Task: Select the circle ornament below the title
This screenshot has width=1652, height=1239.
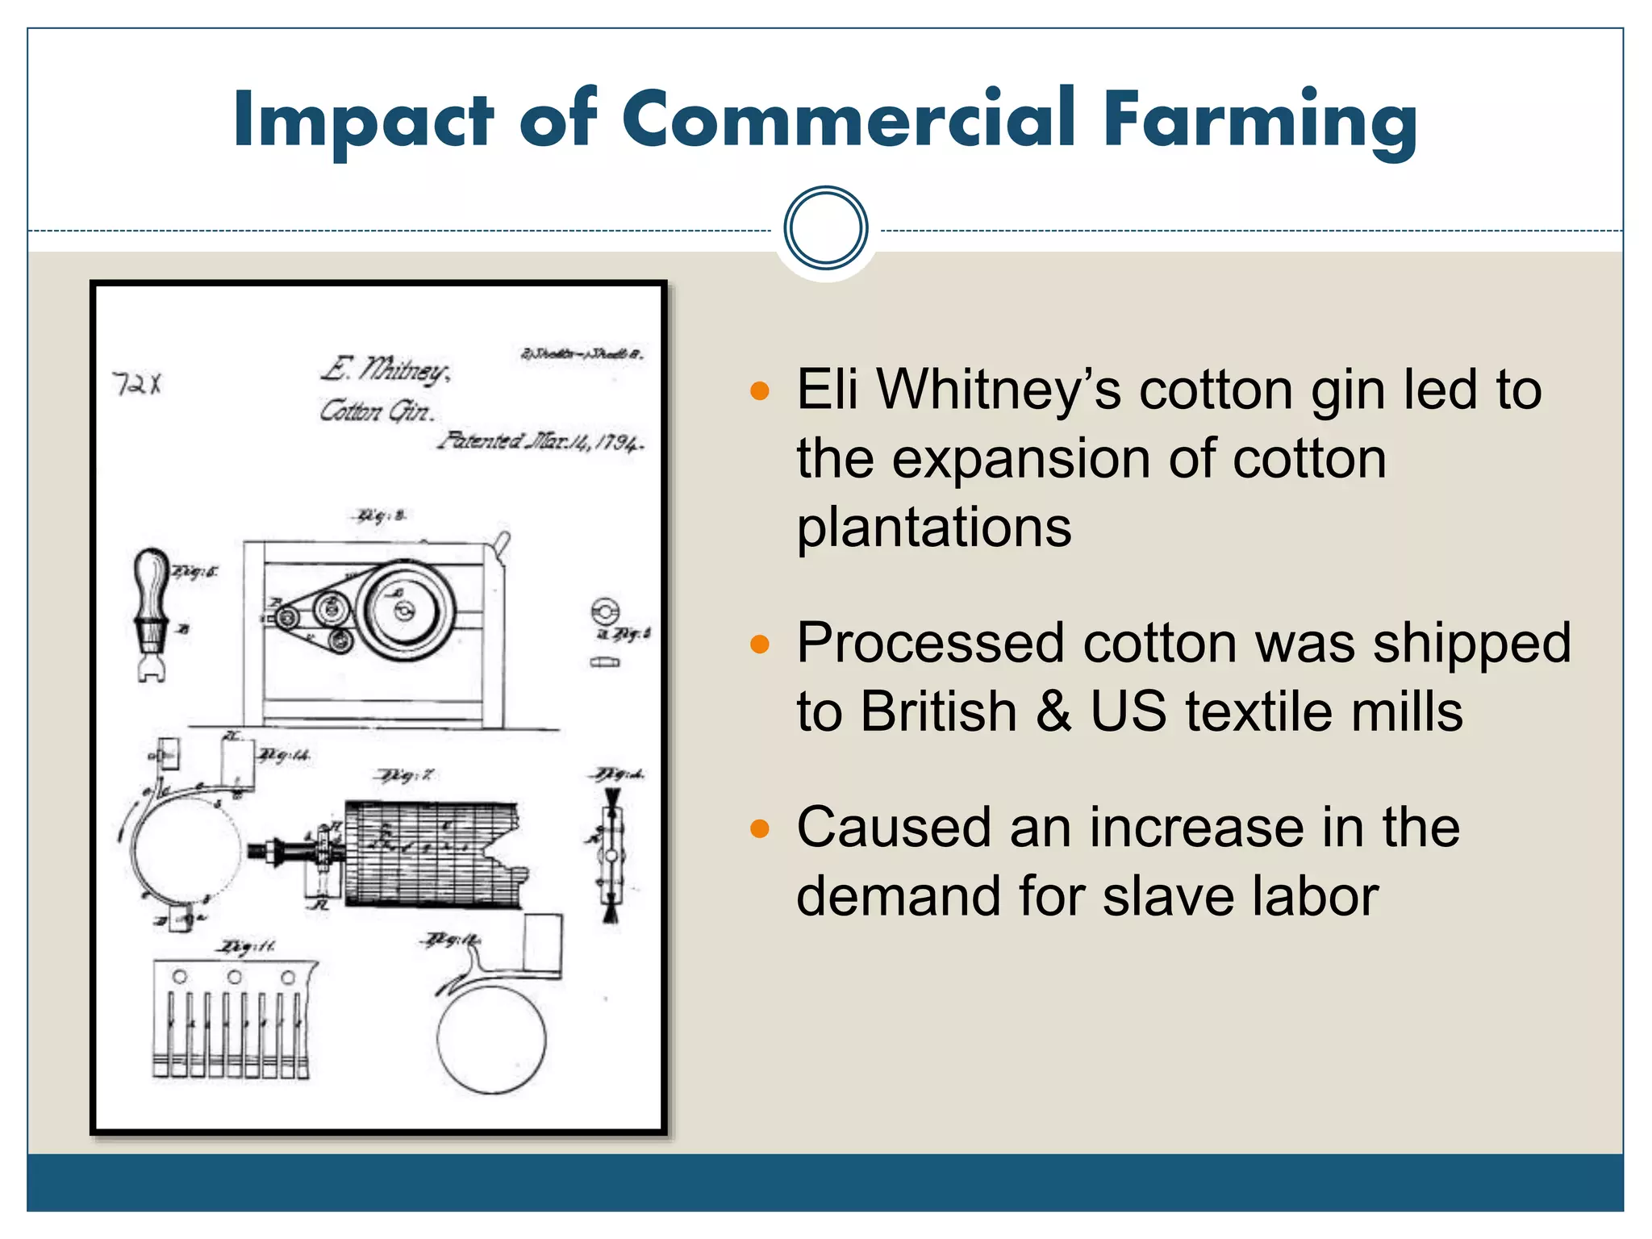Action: [825, 228]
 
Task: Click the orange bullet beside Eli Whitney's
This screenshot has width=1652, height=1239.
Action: [760, 392]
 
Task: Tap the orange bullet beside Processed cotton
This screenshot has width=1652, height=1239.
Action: [760, 645]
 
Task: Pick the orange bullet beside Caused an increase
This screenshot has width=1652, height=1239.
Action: [760, 829]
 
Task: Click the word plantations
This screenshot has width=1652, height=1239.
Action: [934, 528]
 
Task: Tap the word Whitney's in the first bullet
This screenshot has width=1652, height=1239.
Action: [999, 390]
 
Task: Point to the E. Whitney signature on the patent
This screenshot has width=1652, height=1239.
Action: [386, 370]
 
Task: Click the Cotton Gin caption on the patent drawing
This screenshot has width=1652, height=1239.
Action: [377, 411]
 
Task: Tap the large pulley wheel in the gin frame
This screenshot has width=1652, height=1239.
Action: [406, 611]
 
